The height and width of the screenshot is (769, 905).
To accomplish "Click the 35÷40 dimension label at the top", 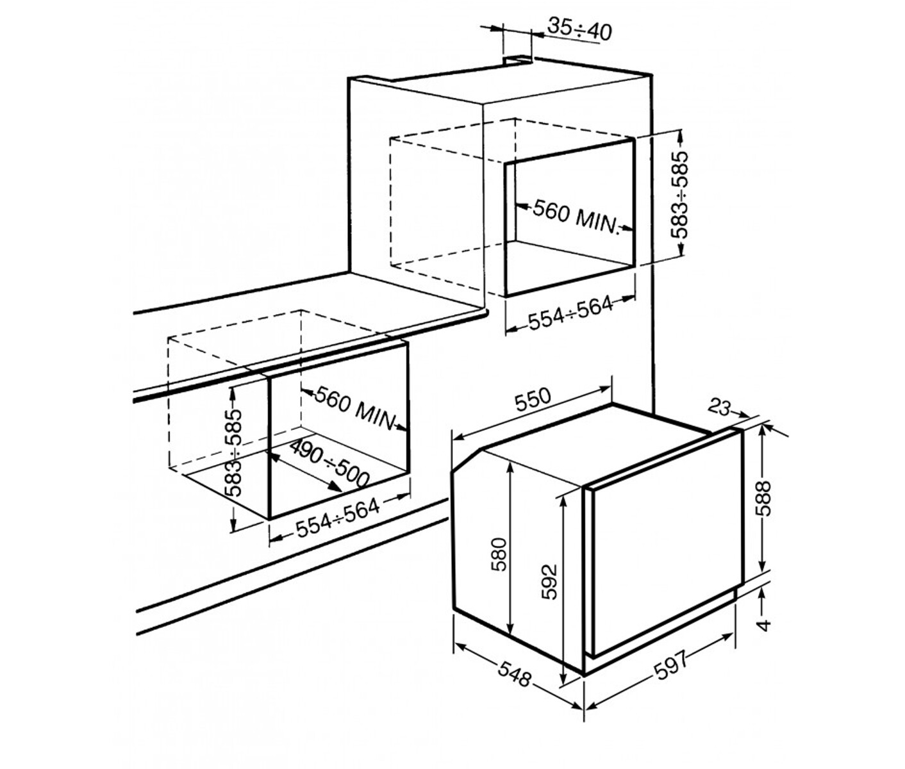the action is (579, 29).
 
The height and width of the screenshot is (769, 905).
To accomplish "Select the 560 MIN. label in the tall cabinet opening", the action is (576, 217).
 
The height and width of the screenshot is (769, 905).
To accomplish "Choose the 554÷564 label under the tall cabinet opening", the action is (570, 313).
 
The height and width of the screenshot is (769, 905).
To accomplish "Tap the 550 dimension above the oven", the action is (533, 399).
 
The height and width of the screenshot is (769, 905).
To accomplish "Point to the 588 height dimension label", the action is (765, 499).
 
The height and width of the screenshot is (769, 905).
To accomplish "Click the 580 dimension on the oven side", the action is (499, 554).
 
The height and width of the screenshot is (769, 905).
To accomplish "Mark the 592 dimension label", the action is (549, 582).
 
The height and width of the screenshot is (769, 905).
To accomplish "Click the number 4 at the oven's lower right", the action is (764, 625).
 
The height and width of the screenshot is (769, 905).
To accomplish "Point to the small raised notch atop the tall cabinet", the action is (517, 60).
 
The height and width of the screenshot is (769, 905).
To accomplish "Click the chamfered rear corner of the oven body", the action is (467, 460).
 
